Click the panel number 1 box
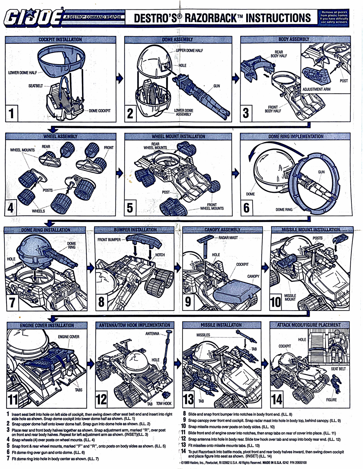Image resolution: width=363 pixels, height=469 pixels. point(12,113)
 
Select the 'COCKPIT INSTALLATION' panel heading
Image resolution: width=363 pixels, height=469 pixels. point(60,40)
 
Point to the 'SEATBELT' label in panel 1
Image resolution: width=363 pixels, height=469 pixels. point(36,86)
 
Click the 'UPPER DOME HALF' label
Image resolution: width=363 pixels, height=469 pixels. point(189,51)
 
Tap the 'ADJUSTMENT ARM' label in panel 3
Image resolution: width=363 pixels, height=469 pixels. point(316,89)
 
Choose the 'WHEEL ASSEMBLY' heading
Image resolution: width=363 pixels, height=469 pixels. point(60,137)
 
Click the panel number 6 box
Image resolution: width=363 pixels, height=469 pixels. point(246,208)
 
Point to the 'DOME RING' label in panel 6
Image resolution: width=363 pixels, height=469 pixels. point(284,209)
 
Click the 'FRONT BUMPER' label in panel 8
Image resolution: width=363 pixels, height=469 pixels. point(109,240)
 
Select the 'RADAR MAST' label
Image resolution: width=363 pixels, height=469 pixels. point(228,238)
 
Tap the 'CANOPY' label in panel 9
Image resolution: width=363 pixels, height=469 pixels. point(253,276)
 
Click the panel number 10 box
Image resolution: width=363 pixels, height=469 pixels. point(276,302)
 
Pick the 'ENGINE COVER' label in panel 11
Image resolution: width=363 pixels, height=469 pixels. point(69,337)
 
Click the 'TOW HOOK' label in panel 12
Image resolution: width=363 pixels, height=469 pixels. point(164,403)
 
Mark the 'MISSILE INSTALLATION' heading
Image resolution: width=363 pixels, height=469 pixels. point(221,325)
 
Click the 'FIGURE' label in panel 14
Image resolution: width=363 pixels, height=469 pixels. point(331,400)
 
